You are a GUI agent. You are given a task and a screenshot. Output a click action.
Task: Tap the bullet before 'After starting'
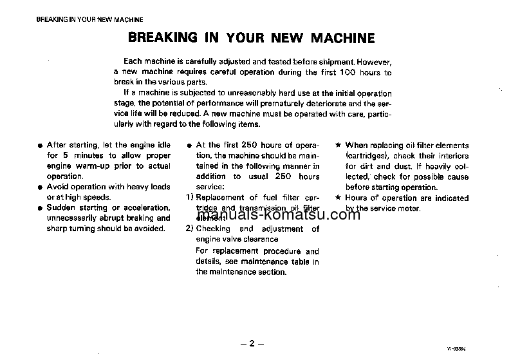tap(40, 146)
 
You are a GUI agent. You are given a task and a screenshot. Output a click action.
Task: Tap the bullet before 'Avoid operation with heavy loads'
tap(40, 187)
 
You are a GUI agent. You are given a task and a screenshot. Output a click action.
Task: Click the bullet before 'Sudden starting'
tap(40, 208)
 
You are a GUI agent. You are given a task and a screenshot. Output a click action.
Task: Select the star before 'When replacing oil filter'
tap(339, 146)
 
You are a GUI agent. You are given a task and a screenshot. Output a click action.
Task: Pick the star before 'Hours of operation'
tap(339, 198)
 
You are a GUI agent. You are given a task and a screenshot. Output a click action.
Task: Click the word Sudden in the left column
tap(61, 207)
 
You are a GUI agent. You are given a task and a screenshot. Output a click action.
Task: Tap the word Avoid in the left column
tap(57, 187)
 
